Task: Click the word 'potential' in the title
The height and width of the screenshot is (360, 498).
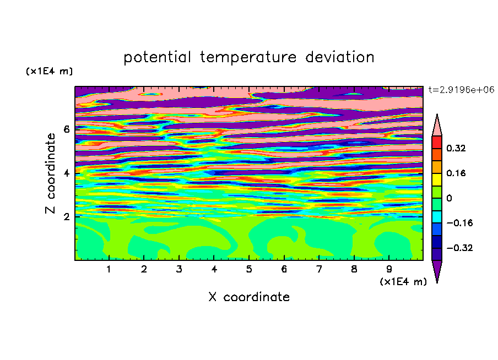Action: pos(158,57)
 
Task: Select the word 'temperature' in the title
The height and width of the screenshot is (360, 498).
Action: pos(248,57)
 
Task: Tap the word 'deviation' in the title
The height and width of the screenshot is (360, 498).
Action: pos(340,57)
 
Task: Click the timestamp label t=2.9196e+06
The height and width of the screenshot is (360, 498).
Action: pos(461,90)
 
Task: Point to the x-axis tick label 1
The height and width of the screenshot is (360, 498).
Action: pos(109,269)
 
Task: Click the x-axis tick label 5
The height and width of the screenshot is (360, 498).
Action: pos(249,269)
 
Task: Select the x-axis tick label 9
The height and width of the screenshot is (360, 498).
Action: pos(389,269)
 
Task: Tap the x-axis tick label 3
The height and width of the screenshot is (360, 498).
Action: pos(179,269)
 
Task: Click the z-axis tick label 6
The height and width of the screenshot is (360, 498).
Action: pos(66,129)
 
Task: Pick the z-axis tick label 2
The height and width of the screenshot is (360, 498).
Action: pos(66,216)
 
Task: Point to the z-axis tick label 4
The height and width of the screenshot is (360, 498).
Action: pos(66,173)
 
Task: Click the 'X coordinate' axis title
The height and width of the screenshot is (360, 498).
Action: pos(249,297)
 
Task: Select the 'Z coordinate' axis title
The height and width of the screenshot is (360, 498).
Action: pos(50,173)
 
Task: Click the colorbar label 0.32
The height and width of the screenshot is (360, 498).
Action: pos(456,148)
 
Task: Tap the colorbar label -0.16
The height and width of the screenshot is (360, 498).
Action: pos(459,223)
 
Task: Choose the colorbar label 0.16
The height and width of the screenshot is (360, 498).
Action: pos(456,173)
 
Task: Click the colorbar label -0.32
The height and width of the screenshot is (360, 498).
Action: pos(459,248)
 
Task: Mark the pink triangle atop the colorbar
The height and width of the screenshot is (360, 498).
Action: pos(437,127)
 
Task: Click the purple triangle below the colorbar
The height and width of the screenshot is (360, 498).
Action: pos(437,269)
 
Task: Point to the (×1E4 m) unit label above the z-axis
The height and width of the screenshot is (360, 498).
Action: pos(49,71)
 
